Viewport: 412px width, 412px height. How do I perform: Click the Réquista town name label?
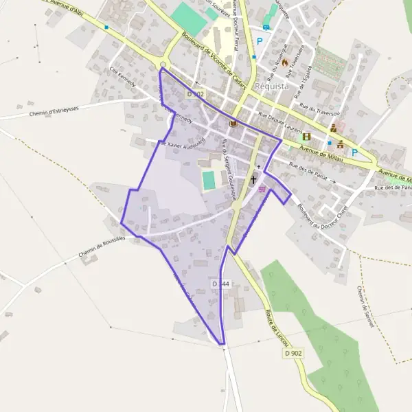[271, 87]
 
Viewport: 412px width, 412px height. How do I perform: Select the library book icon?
[233, 124]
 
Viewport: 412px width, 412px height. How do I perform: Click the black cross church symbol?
[253, 179]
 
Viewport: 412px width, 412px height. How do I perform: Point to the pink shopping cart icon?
[262, 188]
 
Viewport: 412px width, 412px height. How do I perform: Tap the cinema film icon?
[306, 136]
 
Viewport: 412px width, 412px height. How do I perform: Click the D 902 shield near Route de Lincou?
[293, 353]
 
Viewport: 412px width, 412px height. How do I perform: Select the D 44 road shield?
[220, 284]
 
